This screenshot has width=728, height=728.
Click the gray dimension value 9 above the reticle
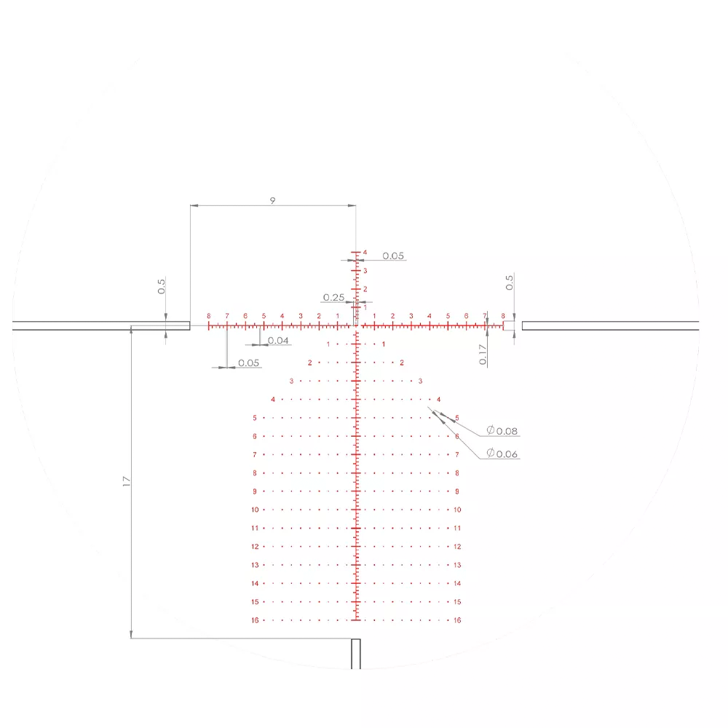coord(272,201)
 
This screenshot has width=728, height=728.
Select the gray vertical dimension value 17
coord(127,481)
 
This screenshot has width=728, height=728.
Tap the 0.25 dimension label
coord(334,297)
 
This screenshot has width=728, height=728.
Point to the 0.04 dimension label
coord(278,340)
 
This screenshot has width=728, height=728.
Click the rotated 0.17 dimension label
coord(483,355)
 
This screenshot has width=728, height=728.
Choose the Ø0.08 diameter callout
coord(502,431)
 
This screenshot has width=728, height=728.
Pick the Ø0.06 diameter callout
coord(502,454)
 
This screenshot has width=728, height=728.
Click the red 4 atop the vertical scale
coord(365,253)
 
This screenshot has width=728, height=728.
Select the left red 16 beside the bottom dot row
coord(255,620)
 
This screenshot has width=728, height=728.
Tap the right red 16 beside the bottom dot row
coord(457,620)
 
